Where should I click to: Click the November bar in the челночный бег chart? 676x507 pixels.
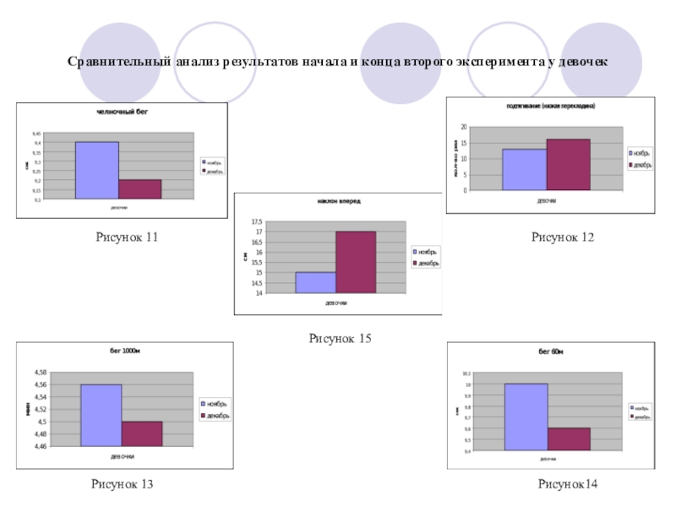[x=96, y=170]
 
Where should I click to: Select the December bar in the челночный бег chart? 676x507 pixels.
[x=139, y=189]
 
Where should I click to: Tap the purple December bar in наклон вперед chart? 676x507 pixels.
[x=356, y=262]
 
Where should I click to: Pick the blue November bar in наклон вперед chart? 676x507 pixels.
[x=315, y=282]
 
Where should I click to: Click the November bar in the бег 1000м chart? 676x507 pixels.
[x=101, y=415]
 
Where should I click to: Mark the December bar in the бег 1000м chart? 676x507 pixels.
[x=142, y=433]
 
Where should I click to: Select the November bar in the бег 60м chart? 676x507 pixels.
[x=526, y=417]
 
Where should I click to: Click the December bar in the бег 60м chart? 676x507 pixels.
[x=568, y=439]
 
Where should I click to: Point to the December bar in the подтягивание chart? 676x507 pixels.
[x=568, y=165]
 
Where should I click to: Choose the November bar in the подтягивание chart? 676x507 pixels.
[x=524, y=170]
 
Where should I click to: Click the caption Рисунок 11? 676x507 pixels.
[x=127, y=238]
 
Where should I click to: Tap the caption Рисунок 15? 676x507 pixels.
[x=340, y=338]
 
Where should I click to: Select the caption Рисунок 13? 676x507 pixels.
[x=123, y=484]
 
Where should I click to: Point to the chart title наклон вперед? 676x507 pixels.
[x=338, y=201]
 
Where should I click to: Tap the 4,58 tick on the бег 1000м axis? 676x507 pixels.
[x=40, y=372]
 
